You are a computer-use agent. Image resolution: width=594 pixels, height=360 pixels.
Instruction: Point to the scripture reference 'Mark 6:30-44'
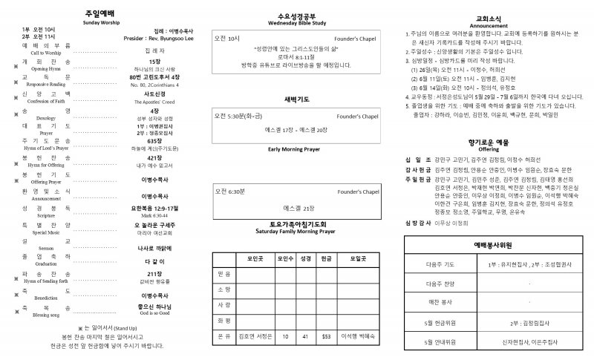(154, 215)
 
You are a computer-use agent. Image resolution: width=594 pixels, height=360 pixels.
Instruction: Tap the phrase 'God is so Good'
(154, 312)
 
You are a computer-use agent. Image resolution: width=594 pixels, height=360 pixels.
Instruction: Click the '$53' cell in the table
(326, 336)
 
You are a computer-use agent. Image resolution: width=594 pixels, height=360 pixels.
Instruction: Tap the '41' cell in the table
(305, 336)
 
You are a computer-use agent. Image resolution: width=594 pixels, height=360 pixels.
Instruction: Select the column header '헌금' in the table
(326, 259)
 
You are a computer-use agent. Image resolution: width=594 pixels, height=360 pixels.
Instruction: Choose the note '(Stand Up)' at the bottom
(122, 327)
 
